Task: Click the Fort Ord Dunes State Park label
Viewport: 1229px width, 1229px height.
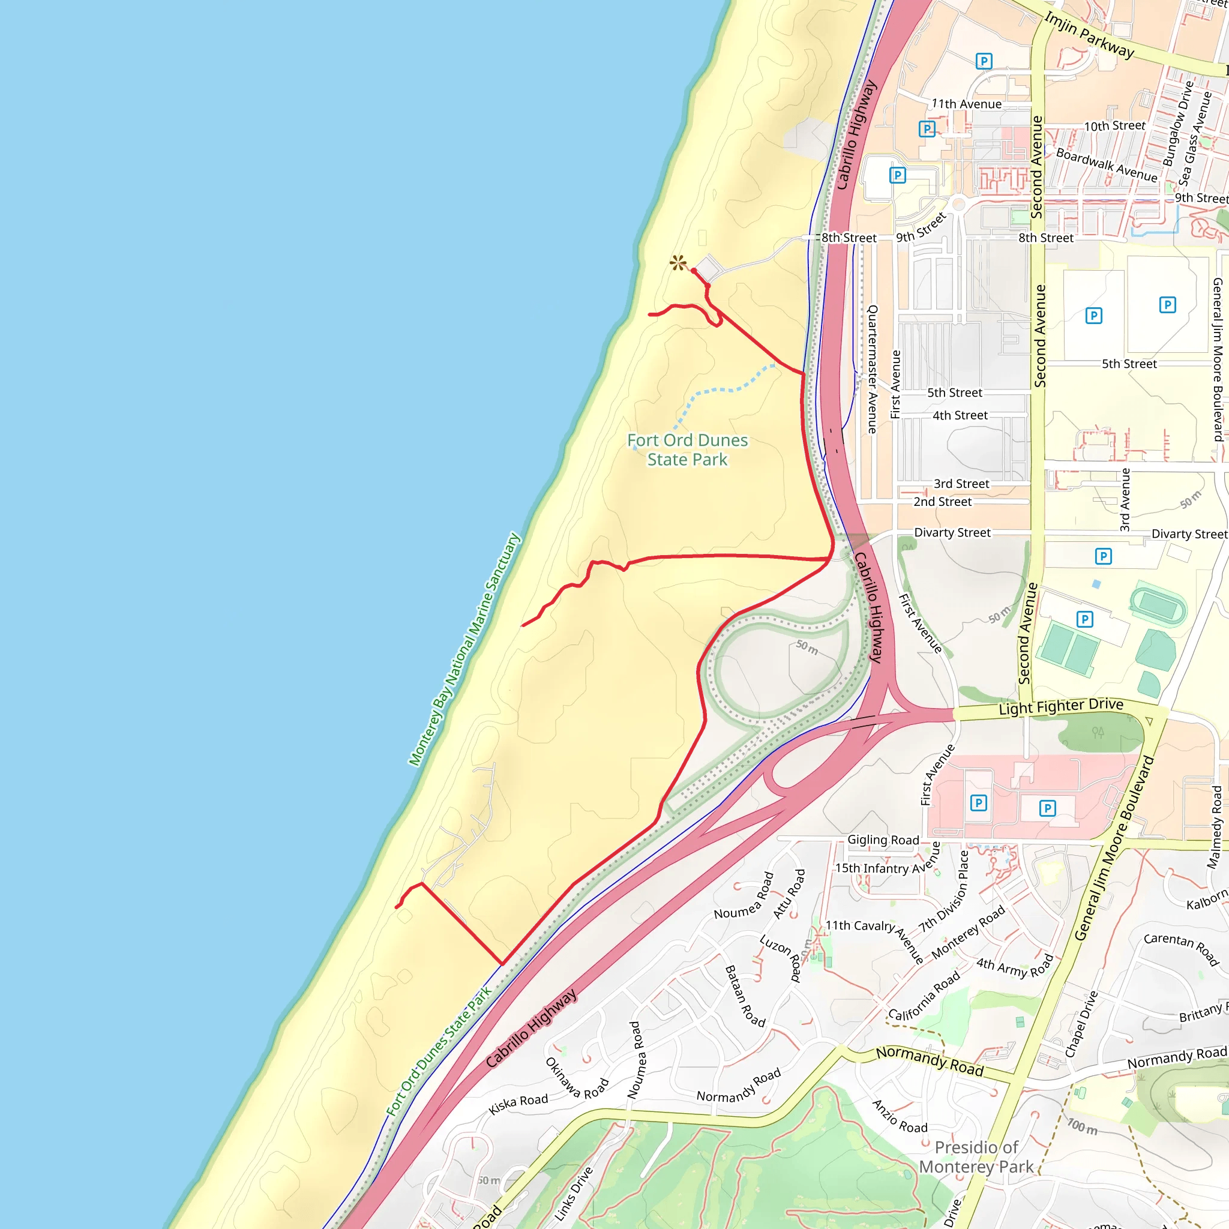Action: pyautogui.click(x=687, y=449)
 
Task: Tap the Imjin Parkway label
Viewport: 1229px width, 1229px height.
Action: pyautogui.click(x=1089, y=35)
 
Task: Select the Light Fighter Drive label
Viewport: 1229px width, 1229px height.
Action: pyautogui.click(x=1061, y=706)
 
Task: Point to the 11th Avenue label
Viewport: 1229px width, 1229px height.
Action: pyautogui.click(x=966, y=104)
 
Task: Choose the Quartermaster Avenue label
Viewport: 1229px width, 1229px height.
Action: pyautogui.click(x=873, y=369)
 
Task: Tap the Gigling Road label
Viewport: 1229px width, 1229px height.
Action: pyautogui.click(x=883, y=840)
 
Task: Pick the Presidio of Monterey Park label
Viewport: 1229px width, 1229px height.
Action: pyautogui.click(x=976, y=1157)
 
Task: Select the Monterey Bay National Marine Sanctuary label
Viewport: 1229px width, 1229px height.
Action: pyautogui.click(x=464, y=649)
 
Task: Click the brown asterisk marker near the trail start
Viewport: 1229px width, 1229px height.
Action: pyautogui.click(x=678, y=262)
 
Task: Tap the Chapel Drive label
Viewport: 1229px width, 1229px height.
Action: pyautogui.click(x=1081, y=1024)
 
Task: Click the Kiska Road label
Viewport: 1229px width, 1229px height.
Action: pyautogui.click(x=518, y=1104)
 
